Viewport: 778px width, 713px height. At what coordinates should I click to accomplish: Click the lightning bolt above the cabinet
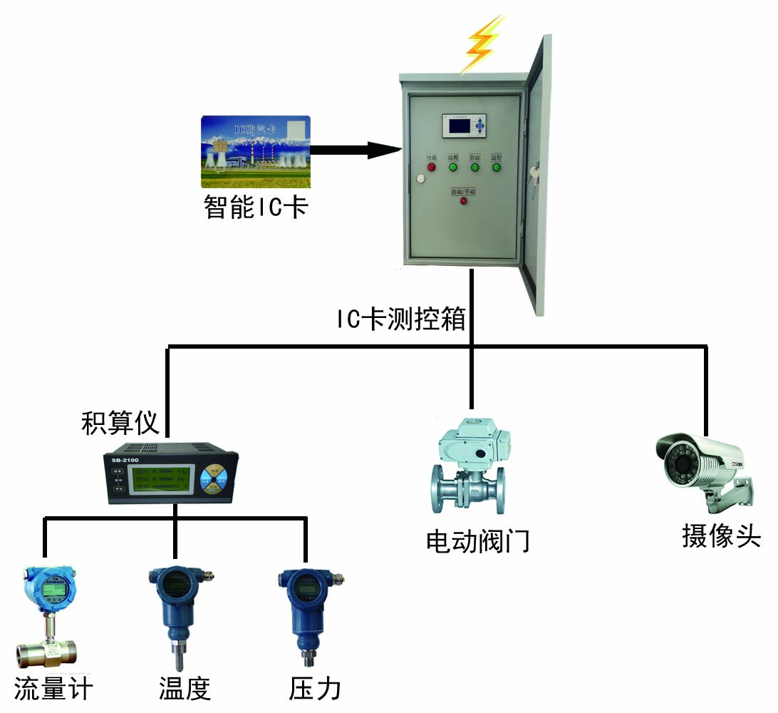point(482,44)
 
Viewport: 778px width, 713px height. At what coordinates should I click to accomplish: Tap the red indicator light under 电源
point(430,168)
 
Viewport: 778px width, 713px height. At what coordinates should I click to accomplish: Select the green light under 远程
point(452,168)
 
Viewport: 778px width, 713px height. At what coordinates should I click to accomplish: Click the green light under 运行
point(496,168)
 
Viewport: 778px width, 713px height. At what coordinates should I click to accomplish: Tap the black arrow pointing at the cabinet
point(355,150)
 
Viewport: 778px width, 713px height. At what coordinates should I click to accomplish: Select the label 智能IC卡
point(256,207)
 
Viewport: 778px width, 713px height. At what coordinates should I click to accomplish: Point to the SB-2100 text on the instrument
point(125,460)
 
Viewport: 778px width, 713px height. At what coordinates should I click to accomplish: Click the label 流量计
point(53,689)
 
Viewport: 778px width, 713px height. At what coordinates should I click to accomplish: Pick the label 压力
point(315,689)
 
